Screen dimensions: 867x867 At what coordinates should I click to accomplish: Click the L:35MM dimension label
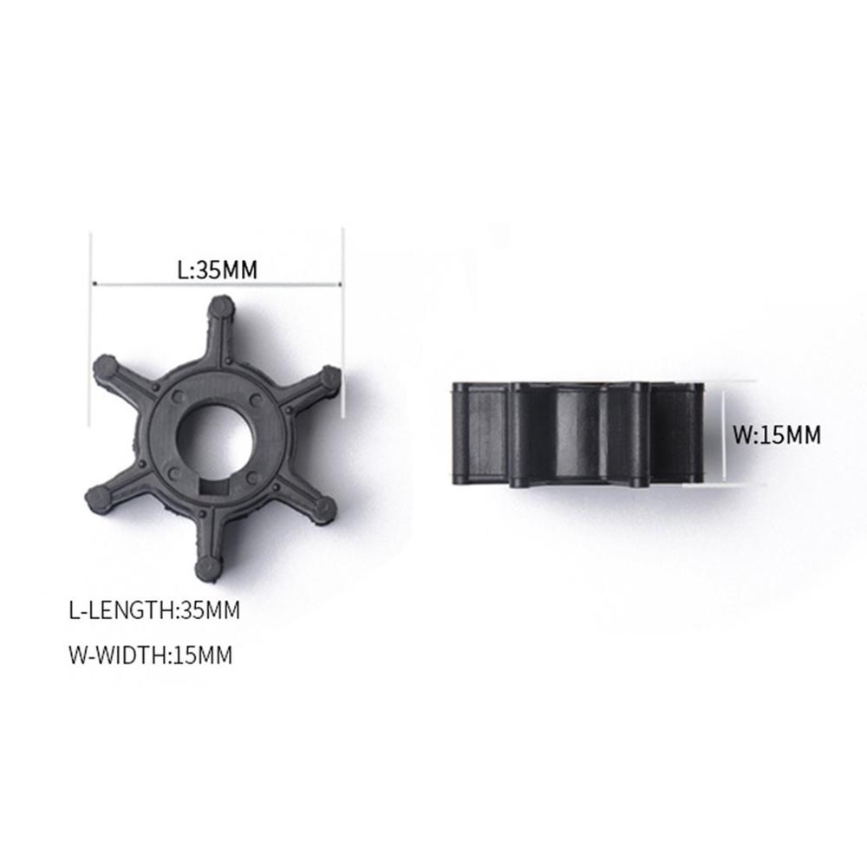tap(218, 269)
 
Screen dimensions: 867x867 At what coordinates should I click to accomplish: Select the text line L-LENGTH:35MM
tap(153, 610)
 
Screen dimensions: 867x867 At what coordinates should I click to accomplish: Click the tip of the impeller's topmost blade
tap(223, 306)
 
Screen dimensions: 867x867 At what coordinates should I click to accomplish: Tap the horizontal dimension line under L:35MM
tap(218, 284)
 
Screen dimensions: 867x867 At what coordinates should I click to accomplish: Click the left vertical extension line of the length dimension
tap(92, 312)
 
